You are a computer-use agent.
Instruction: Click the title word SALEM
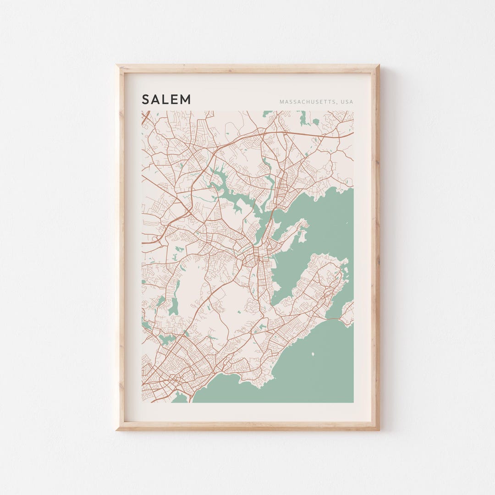point(166,99)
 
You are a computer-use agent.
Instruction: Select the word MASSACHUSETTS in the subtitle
point(306,102)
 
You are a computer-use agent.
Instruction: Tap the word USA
point(346,102)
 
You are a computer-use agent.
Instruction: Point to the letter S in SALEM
point(146,99)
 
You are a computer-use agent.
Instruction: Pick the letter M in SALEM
point(186,99)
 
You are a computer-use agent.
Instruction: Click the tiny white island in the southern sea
point(313,354)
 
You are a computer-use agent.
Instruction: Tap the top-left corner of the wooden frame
point(118,66)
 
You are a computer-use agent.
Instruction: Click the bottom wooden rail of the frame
point(247,426)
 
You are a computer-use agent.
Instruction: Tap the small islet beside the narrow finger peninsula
point(302,236)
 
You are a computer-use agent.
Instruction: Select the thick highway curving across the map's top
point(275,132)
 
